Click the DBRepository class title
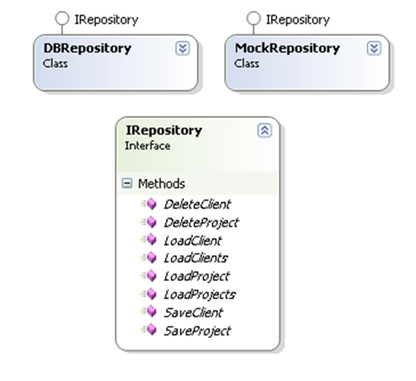[87, 48]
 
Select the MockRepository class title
[287, 48]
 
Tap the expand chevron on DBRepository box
[183, 48]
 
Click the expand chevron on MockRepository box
[374, 48]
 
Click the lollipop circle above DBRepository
[62, 18]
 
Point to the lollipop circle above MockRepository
[253, 18]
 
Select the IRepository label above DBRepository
[106, 20]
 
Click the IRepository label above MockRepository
[298, 20]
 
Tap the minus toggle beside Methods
[127, 183]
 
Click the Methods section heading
[162, 184]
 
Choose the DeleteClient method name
[198, 205]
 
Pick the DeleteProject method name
[202, 223]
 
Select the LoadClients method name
[196, 258]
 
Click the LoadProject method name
[197, 277]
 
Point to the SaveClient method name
[194, 313]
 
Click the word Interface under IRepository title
[148, 146]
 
